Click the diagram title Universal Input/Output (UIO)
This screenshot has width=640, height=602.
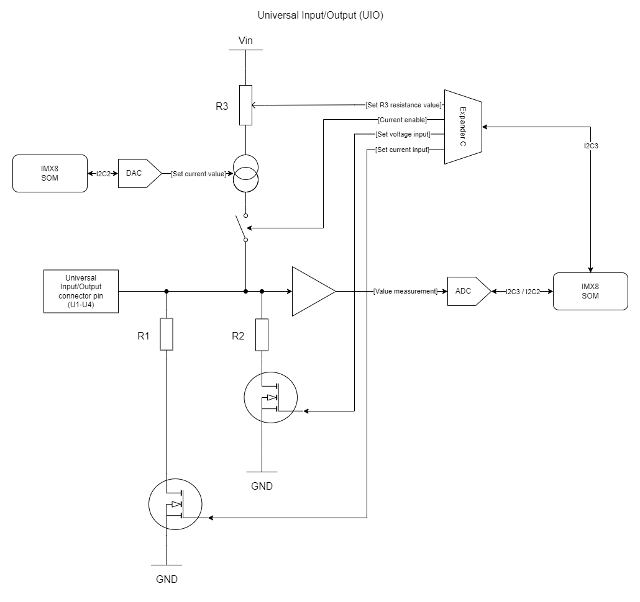(x=320, y=16)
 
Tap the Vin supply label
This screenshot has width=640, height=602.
(x=246, y=41)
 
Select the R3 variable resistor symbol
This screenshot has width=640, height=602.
(x=246, y=106)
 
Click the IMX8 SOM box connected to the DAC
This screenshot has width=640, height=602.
(x=50, y=173)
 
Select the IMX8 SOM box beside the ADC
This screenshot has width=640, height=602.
(x=590, y=291)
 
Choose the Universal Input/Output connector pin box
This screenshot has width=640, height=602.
(x=81, y=291)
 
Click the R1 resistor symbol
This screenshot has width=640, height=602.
(x=167, y=334)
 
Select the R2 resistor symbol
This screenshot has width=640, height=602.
(x=262, y=335)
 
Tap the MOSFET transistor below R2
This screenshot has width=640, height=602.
(x=270, y=398)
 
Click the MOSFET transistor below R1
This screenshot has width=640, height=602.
(x=176, y=504)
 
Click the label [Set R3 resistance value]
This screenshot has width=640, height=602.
(x=403, y=106)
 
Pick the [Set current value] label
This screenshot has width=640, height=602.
(x=198, y=174)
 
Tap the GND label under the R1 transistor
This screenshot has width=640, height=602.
(x=167, y=579)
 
